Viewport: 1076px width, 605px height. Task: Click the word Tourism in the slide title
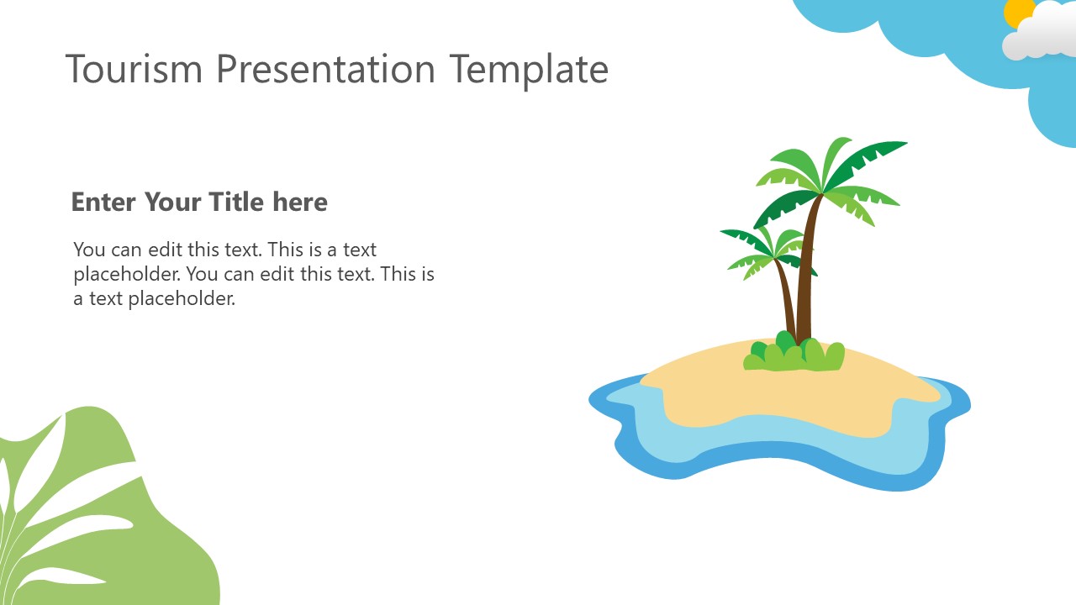(x=134, y=69)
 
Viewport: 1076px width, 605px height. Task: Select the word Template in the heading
(x=529, y=69)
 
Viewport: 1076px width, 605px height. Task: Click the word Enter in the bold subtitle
(x=103, y=203)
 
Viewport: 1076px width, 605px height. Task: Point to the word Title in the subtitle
(x=236, y=203)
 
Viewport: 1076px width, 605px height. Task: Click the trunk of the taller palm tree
(x=809, y=269)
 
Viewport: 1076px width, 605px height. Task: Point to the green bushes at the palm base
(x=794, y=355)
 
